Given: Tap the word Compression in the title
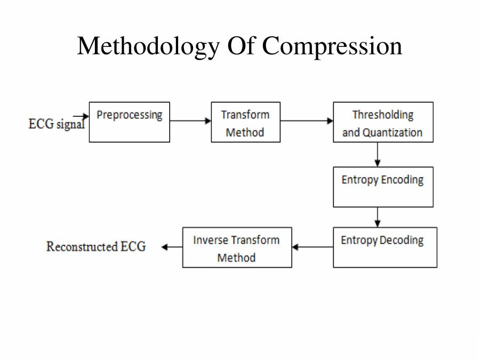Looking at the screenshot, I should coord(332,46).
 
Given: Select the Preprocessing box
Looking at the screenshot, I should coord(129,122).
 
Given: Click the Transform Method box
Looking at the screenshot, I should coord(245,123).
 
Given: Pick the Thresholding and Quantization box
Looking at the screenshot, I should coord(383,123).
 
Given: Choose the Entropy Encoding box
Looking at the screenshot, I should coord(383,187).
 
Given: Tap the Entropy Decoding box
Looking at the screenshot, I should coord(385,247).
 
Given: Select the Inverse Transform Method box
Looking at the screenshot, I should coord(237,247).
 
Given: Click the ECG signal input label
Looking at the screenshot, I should coord(55,124).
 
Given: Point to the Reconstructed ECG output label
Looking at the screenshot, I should coord(96,246).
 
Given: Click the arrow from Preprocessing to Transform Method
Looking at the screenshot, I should coord(190,121).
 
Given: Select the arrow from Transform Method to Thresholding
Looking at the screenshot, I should coord(307,121).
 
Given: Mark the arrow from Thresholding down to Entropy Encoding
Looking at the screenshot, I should coord(378,155).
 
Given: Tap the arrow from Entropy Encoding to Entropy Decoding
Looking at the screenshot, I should coord(378,217).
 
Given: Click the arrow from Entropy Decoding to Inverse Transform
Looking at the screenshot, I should coord(313,247).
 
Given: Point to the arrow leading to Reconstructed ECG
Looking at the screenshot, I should coord(172,247).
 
